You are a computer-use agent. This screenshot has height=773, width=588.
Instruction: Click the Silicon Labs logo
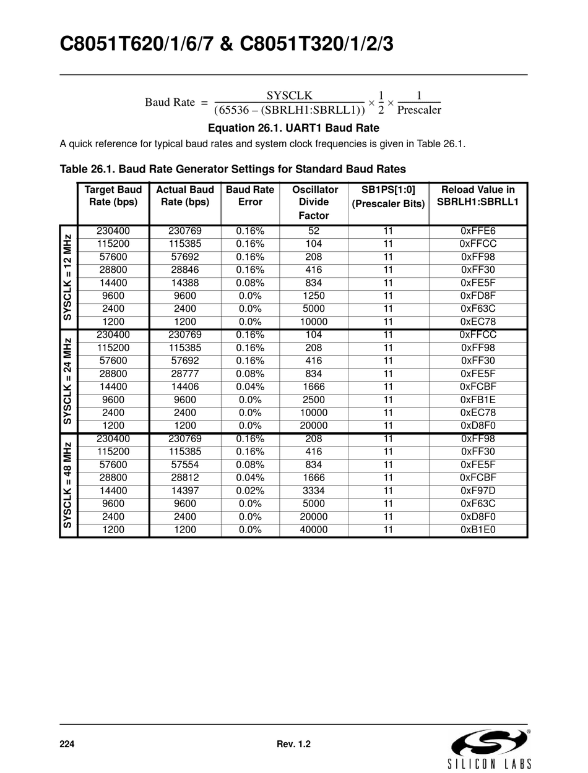490,748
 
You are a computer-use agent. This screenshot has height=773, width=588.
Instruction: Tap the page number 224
67,745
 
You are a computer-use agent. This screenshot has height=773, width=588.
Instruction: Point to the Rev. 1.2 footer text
293,745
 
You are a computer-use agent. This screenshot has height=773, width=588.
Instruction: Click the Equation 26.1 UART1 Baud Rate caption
293,128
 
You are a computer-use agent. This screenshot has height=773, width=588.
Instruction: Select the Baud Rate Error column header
250,196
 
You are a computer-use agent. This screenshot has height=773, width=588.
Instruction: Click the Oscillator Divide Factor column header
314,202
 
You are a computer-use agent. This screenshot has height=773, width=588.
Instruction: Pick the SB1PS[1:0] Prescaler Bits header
388,197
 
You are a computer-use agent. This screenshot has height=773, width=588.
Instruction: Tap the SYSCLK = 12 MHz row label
68,276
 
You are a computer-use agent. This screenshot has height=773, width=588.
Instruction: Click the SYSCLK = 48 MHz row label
68,485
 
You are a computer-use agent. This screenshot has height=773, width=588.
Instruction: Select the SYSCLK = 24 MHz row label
68,381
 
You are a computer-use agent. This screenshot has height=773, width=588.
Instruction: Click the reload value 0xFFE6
478,231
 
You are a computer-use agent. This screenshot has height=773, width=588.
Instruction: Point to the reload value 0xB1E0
478,530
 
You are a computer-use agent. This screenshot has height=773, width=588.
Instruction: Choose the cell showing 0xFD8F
478,296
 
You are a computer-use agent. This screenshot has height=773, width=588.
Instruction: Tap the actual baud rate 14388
185,283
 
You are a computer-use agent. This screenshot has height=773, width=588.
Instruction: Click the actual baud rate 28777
185,374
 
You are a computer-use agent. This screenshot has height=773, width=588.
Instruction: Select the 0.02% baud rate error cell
250,491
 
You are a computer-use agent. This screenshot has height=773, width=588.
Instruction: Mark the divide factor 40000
314,530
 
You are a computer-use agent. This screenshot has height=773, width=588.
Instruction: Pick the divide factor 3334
314,491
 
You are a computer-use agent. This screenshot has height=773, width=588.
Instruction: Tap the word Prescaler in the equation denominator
419,110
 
